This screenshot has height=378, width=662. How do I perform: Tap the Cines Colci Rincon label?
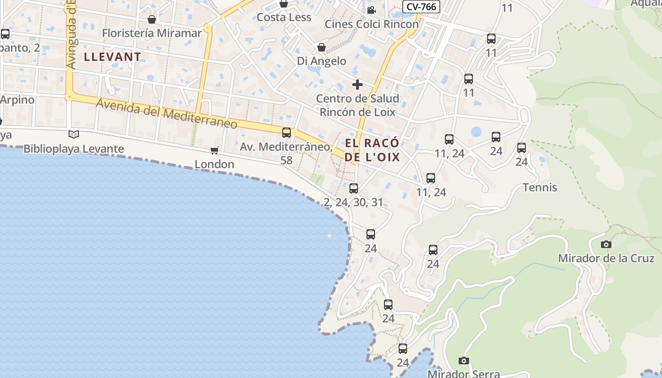tap(372, 24)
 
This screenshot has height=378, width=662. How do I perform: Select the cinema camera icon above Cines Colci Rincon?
tap(371, 10)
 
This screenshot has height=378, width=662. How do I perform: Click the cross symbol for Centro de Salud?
tap(357, 85)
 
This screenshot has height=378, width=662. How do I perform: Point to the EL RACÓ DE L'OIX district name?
tap(373, 150)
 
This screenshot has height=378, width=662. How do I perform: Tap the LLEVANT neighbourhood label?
tap(113, 57)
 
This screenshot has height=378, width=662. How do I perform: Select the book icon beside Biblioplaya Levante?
tap(74, 135)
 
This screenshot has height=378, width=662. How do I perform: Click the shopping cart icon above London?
tap(215, 150)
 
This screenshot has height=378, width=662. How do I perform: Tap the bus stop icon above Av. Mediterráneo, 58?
tap(287, 133)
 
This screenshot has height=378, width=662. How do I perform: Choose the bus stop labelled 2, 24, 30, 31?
tap(353, 189)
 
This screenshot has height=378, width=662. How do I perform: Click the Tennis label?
tap(540, 188)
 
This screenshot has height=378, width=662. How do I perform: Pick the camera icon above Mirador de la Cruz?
tap(606, 244)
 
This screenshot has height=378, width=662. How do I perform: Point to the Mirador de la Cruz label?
tap(606, 258)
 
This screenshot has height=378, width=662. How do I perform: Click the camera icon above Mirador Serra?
tap(464, 361)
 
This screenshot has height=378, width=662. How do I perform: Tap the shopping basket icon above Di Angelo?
tap(322, 47)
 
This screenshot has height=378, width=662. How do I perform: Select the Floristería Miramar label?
tap(152, 33)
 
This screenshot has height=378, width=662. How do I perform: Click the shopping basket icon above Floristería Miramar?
tap(152, 19)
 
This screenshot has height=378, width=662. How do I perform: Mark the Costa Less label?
tap(284, 17)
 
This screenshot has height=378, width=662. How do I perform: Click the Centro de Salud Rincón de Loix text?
tap(357, 105)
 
